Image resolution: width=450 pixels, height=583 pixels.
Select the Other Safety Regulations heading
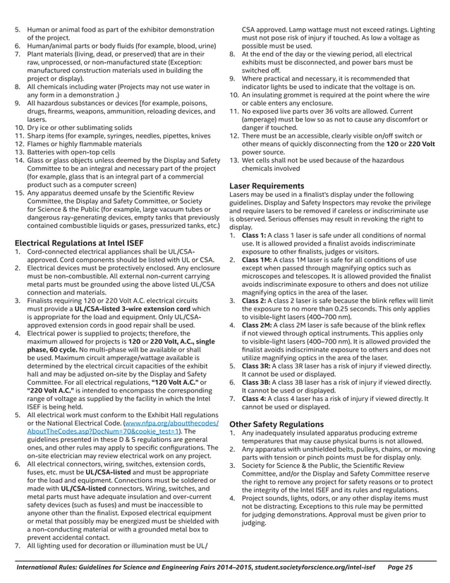click(x=279, y=423)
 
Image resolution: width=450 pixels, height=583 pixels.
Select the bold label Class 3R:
click(x=259, y=366)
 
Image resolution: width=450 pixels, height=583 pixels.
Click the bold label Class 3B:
click(x=259, y=382)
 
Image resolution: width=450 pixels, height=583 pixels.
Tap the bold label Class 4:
click(x=256, y=398)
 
